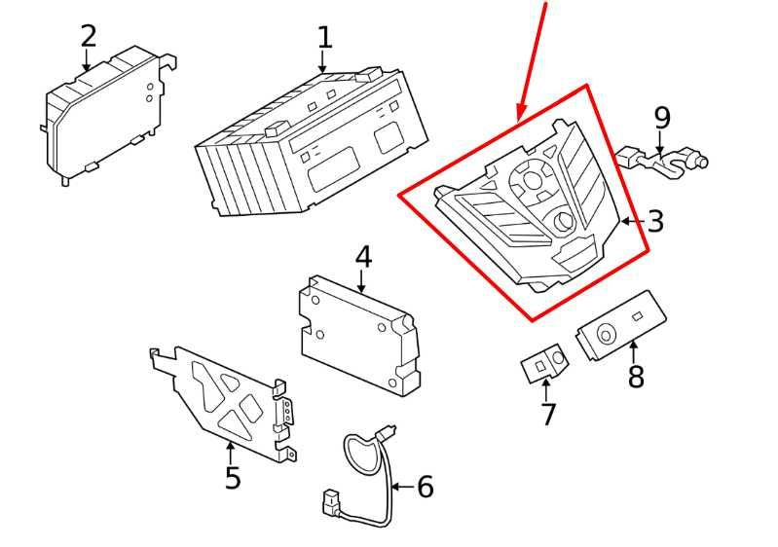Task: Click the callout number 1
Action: [324, 38]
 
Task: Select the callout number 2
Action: [89, 37]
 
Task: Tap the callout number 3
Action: [655, 221]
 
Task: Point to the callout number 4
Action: [363, 257]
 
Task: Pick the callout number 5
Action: [233, 478]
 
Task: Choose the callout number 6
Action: [426, 487]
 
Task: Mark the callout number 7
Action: [548, 415]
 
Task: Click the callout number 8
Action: [636, 377]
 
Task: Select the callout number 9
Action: [662, 118]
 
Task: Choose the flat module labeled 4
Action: [358, 330]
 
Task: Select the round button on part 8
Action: [607, 335]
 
